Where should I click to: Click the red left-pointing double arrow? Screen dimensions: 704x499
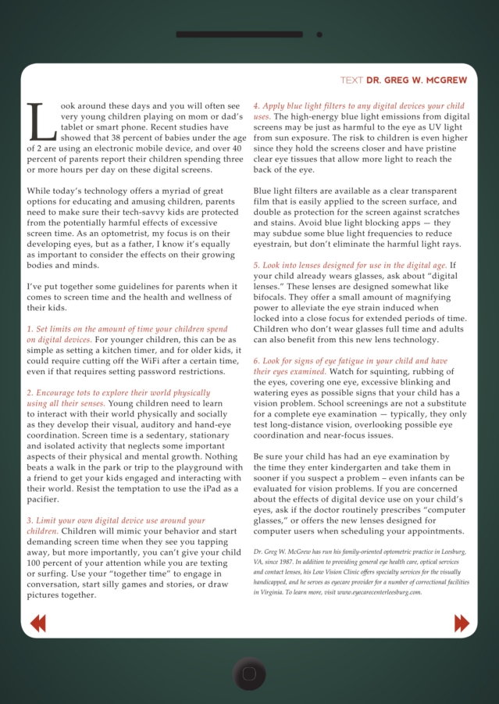(37, 623)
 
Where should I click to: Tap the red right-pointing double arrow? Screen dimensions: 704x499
(462, 623)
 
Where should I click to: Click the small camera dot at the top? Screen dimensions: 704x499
(319, 34)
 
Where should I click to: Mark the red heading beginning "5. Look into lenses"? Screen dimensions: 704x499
(350, 266)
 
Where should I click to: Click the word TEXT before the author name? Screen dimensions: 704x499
(351, 80)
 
